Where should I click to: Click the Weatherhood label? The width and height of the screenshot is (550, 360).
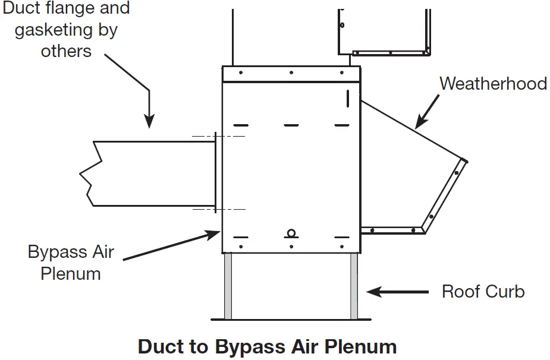click(493, 83)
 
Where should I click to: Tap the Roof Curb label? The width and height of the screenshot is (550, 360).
click(483, 292)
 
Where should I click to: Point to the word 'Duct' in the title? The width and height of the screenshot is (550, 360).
click(161, 346)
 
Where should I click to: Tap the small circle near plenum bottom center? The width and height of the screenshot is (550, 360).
click(291, 233)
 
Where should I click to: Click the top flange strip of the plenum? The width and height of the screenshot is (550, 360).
click(291, 74)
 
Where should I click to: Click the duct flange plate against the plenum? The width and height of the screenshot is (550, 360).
click(218, 173)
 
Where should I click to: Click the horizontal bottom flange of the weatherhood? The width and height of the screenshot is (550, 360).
click(392, 230)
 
